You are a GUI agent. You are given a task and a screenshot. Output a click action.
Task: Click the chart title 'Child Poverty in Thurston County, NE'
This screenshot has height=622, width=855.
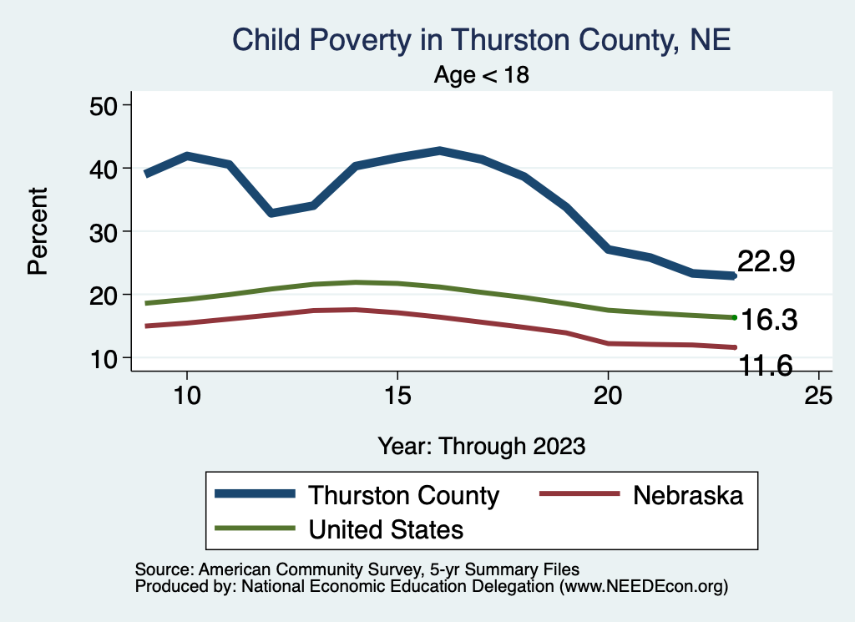click(x=481, y=40)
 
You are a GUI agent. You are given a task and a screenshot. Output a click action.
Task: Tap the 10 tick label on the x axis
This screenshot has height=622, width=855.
click(x=186, y=395)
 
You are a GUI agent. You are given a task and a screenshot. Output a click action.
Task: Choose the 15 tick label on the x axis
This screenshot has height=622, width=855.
click(x=397, y=395)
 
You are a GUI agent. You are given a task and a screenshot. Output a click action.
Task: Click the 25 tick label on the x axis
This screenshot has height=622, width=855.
click(x=818, y=395)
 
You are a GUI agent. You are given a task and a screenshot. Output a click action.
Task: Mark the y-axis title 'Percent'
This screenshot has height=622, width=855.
click(x=37, y=231)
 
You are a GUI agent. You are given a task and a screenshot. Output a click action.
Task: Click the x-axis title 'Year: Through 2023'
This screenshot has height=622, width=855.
click(x=481, y=445)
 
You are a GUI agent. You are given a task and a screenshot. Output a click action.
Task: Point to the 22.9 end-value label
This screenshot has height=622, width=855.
click(x=766, y=261)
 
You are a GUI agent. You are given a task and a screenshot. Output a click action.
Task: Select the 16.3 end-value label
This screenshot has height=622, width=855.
click(x=770, y=320)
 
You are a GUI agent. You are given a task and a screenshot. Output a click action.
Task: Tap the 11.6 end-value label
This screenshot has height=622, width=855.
click(x=763, y=364)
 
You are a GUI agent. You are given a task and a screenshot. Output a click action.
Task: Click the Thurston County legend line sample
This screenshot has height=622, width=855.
click(x=255, y=494)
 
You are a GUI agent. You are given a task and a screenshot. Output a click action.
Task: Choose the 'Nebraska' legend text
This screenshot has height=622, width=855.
click(x=688, y=495)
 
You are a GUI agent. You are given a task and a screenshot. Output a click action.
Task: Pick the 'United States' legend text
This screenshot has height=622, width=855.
click(x=386, y=529)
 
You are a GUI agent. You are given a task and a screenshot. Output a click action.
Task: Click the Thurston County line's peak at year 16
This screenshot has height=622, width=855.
click(x=439, y=151)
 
